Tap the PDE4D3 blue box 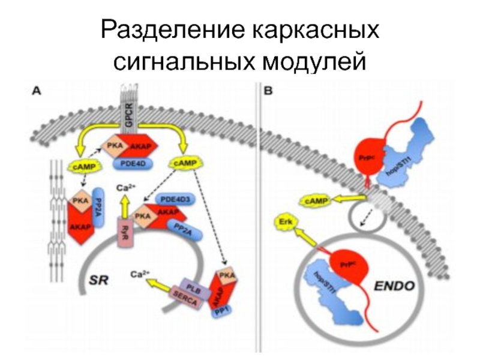point(176,199)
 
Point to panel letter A point(36,91)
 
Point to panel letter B point(268,91)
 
